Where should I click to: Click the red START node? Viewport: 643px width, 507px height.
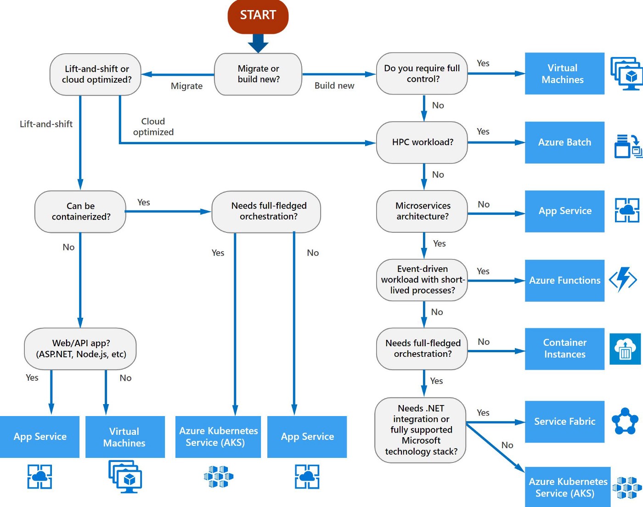pyautogui.click(x=258, y=16)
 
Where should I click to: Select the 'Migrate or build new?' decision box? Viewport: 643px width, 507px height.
pyautogui.click(x=258, y=74)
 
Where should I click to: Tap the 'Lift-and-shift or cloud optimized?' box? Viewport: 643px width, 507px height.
pyautogui.click(x=96, y=74)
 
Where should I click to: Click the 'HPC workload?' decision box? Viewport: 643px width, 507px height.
pyautogui.click(x=422, y=142)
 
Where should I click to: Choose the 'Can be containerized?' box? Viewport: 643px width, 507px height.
pyautogui.click(x=80, y=211)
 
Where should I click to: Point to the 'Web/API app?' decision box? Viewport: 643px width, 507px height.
pyautogui.click(x=80, y=349)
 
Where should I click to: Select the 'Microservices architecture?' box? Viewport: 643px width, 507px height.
pyautogui.click(x=422, y=211)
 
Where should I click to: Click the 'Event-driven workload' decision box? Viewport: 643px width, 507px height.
pyautogui.click(x=422, y=280)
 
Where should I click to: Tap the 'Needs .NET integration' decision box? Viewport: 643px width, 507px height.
pyautogui.click(x=421, y=430)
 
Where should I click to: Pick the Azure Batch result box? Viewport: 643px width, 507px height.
pyautogui.click(x=564, y=142)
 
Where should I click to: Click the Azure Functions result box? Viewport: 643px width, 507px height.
pyautogui.click(x=564, y=280)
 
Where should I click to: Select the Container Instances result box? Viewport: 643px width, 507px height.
pyautogui.click(x=564, y=349)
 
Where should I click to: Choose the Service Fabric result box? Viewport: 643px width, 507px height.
pyautogui.click(x=564, y=422)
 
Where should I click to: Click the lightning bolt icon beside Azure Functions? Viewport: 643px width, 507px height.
pyautogui.click(x=623, y=279)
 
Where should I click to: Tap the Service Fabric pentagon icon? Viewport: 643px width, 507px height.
pyautogui.click(x=625, y=421)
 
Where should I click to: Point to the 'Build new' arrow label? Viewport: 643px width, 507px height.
pyautogui.click(x=334, y=86)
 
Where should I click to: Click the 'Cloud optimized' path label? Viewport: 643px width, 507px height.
pyautogui.click(x=153, y=127)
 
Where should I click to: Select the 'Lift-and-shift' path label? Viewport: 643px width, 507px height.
pyautogui.click(x=46, y=124)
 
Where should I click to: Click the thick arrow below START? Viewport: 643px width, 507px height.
pyautogui.click(x=258, y=44)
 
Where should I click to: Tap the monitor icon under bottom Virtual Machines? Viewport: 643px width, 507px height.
pyautogui.click(x=125, y=477)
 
